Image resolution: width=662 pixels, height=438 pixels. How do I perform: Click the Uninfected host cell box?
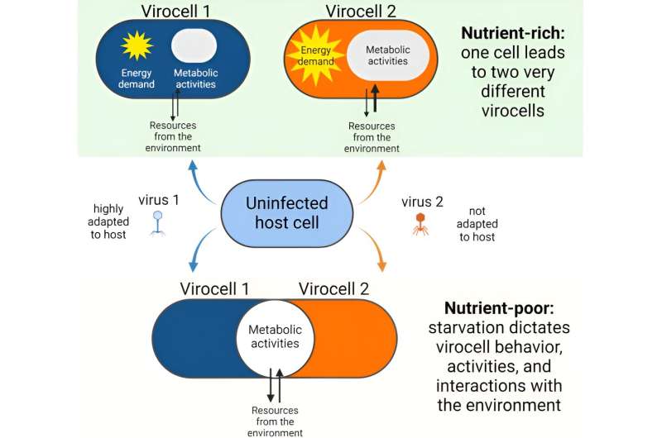[x=286, y=212]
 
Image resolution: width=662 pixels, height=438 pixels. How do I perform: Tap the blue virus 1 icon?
[x=157, y=221]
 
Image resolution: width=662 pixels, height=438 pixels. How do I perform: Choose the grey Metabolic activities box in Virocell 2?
[x=389, y=54]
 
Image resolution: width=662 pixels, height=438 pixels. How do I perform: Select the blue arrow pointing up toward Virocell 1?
[x=199, y=171]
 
